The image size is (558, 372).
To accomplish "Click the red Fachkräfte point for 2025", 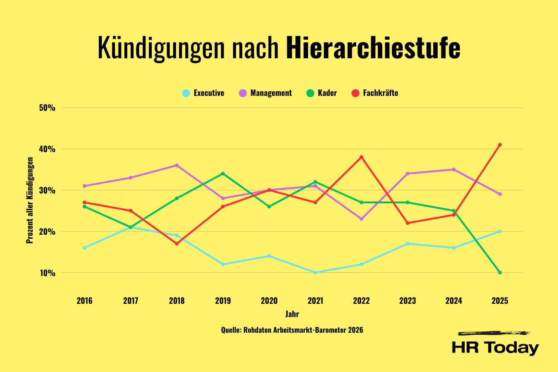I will click(500, 145).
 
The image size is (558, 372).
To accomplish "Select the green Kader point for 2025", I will click(500, 272).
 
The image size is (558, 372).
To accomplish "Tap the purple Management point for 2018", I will click(177, 165).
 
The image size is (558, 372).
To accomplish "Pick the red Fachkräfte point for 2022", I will click(361, 157).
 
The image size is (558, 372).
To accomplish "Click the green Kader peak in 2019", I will click(223, 174).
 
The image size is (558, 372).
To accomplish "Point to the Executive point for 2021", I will click(315, 272).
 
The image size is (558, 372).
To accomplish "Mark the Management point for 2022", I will click(361, 219).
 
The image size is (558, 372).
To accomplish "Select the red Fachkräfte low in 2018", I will click(177, 243).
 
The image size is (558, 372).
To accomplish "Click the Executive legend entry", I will click(203, 93).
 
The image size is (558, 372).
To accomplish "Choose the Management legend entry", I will click(265, 93).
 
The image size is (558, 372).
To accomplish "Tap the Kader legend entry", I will click(322, 93).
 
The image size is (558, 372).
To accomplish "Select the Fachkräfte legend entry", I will click(375, 93).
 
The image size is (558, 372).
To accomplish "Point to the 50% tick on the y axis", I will click(47, 108).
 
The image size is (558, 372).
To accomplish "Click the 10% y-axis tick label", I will click(47, 273).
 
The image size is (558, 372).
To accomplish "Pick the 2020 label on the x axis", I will click(269, 300).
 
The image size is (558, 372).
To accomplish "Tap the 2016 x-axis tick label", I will click(85, 300).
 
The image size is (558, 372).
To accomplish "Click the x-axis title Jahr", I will click(292, 314).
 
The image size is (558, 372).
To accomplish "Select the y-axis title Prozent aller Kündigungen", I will click(30, 200).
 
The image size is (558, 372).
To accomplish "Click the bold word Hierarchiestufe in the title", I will click(373, 48).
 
